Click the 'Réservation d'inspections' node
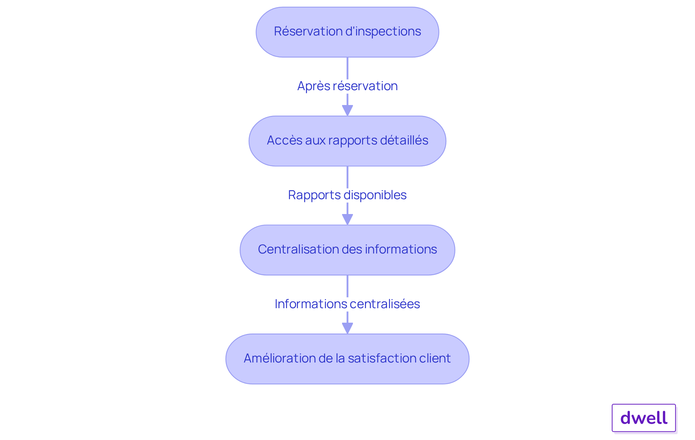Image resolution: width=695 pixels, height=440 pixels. (347, 32)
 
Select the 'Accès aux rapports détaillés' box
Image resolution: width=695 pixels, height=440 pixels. (347, 141)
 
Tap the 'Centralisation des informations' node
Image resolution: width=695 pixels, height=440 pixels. (347, 250)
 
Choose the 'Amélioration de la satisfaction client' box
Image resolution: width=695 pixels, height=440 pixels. (347, 359)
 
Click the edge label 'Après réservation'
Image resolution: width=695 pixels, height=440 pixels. (347, 86)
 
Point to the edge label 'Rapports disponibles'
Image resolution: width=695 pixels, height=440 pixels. (347, 195)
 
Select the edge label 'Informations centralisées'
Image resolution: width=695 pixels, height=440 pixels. (347, 304)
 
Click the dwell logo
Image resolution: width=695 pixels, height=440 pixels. (644, 418)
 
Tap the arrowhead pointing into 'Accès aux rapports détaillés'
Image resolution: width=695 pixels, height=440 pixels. (347, 110)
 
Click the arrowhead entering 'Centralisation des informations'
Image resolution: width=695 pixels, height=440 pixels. (347, 219)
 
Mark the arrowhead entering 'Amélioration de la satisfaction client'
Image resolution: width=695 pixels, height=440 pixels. (347, 328)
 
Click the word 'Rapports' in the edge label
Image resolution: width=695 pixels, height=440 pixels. (309, 195)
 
